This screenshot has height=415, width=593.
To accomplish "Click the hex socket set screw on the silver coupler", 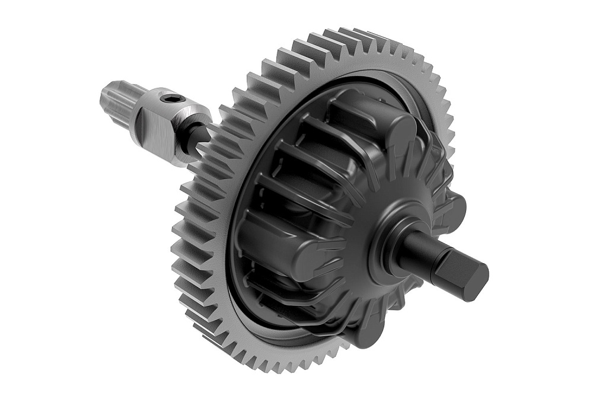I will tap(173, 98).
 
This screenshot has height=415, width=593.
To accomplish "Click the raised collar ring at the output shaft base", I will tap(388, 237).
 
